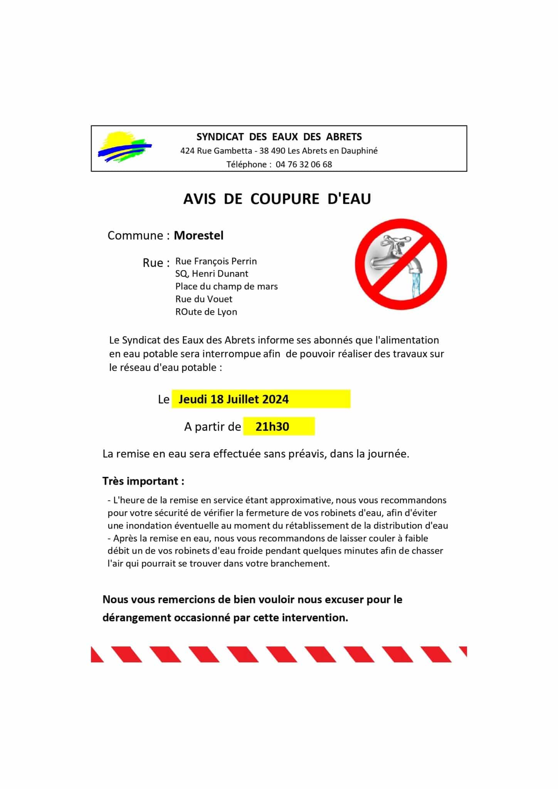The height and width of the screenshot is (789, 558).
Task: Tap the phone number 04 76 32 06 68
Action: click(304, 165)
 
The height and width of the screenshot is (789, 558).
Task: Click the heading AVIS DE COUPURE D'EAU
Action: click(277, 199)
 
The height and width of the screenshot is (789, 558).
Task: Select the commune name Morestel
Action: click(198, 235)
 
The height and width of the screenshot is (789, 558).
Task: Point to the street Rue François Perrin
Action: click(216, 261)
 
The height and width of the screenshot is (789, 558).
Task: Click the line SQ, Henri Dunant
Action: click(212, 274)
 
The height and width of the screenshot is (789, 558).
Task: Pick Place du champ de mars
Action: click(226, 287)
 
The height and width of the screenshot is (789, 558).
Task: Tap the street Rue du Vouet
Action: click(203, 299)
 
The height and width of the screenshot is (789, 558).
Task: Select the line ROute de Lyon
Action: click(206, 312)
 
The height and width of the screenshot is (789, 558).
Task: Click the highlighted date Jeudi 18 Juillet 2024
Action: click(234, 399)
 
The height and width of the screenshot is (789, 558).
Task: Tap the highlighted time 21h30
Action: click(272, 427)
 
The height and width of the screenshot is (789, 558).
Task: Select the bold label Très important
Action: click(143, 481)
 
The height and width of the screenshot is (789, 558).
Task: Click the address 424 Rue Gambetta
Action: click(216, 151)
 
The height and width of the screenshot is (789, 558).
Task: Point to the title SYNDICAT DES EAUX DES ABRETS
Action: click(279, 137)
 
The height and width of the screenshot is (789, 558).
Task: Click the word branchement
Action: click(305, 564)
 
